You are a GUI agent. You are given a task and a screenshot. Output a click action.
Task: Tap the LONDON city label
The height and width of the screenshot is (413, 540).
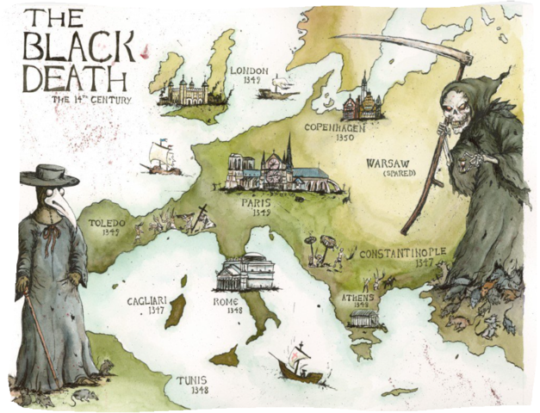point(250,71)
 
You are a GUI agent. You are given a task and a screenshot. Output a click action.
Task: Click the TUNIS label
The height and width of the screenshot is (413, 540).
point(192,379)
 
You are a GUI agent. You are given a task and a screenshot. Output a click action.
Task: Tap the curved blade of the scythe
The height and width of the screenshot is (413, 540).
point(396,43)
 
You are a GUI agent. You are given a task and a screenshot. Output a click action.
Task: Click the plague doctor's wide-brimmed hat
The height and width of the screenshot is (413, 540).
point(49,176)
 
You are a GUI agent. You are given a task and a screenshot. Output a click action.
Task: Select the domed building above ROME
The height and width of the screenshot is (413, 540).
point(245,273)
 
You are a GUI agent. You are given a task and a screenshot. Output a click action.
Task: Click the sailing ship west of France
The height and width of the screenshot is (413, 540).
point(162,157)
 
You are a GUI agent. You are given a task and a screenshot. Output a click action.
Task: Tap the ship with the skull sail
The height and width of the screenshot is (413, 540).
point(298,365)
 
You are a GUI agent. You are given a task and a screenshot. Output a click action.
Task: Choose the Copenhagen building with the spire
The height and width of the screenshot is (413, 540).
point(363,102)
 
